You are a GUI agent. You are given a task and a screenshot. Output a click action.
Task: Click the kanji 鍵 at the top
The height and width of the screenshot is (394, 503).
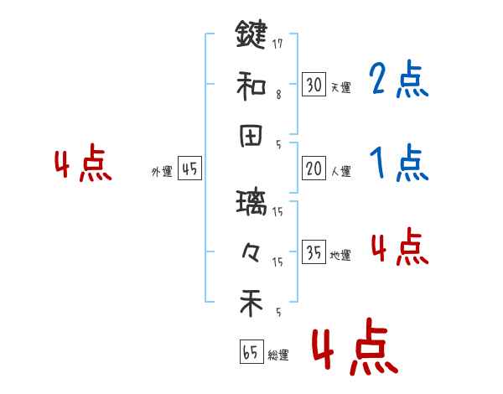pos(251,35)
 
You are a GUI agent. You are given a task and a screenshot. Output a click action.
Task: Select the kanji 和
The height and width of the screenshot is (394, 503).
pos(251,84)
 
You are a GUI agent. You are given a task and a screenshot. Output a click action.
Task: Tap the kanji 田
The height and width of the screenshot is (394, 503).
pos(251,136)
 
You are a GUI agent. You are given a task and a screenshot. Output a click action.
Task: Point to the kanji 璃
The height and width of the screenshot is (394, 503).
pos(251,202)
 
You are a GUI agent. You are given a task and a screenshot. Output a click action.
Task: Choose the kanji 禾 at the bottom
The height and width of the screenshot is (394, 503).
pos(251,303)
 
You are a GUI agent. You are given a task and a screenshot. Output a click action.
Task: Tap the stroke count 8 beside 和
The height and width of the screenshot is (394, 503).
pos(278,94)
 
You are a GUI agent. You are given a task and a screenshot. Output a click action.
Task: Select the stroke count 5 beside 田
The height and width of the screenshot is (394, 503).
pos(278,144)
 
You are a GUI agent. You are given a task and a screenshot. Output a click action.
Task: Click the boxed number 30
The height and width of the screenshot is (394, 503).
pos(314,84)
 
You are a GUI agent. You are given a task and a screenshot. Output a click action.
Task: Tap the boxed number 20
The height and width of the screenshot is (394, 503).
pos(314,168)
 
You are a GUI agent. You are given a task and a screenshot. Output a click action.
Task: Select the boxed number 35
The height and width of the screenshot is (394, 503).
pos(314,252)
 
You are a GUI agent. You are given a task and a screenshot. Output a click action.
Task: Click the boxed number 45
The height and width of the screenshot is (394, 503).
pos(189,168)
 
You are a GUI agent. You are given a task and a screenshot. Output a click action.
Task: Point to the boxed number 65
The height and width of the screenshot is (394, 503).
pos(250,352)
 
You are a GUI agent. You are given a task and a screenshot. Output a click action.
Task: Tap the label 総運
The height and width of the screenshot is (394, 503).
pos(278,355)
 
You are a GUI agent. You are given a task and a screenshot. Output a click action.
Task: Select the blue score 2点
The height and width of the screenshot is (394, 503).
pos(399,81)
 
